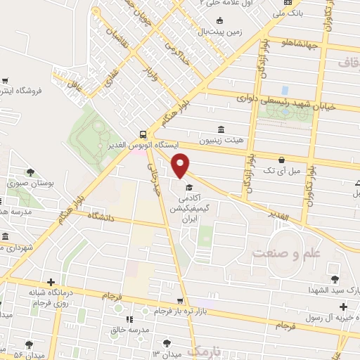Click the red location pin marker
(181, 164)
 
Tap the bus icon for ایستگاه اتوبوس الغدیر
(143, 134)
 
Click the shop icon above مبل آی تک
(281, 160)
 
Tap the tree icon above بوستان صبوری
(30, 172)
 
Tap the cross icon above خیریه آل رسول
(342, 307)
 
